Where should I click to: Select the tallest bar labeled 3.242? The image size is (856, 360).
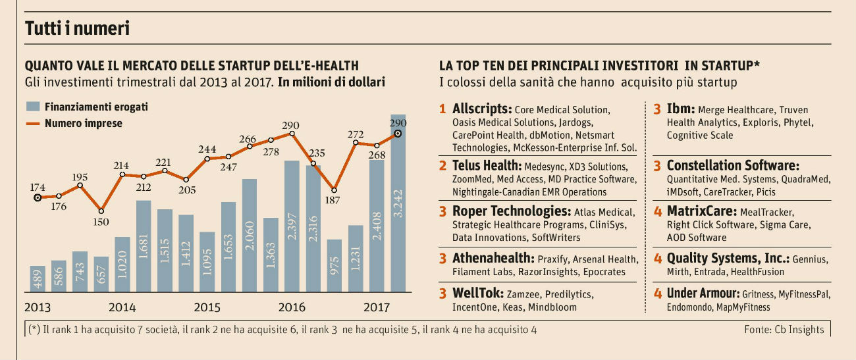point(398,204)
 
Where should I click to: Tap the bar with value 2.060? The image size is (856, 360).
point(250,236)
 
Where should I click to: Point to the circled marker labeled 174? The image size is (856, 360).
point(38,197)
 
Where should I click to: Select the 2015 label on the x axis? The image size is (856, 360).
point(207,307)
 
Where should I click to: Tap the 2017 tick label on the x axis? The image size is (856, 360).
point(377,307)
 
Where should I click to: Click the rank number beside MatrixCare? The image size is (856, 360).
point(658,212)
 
